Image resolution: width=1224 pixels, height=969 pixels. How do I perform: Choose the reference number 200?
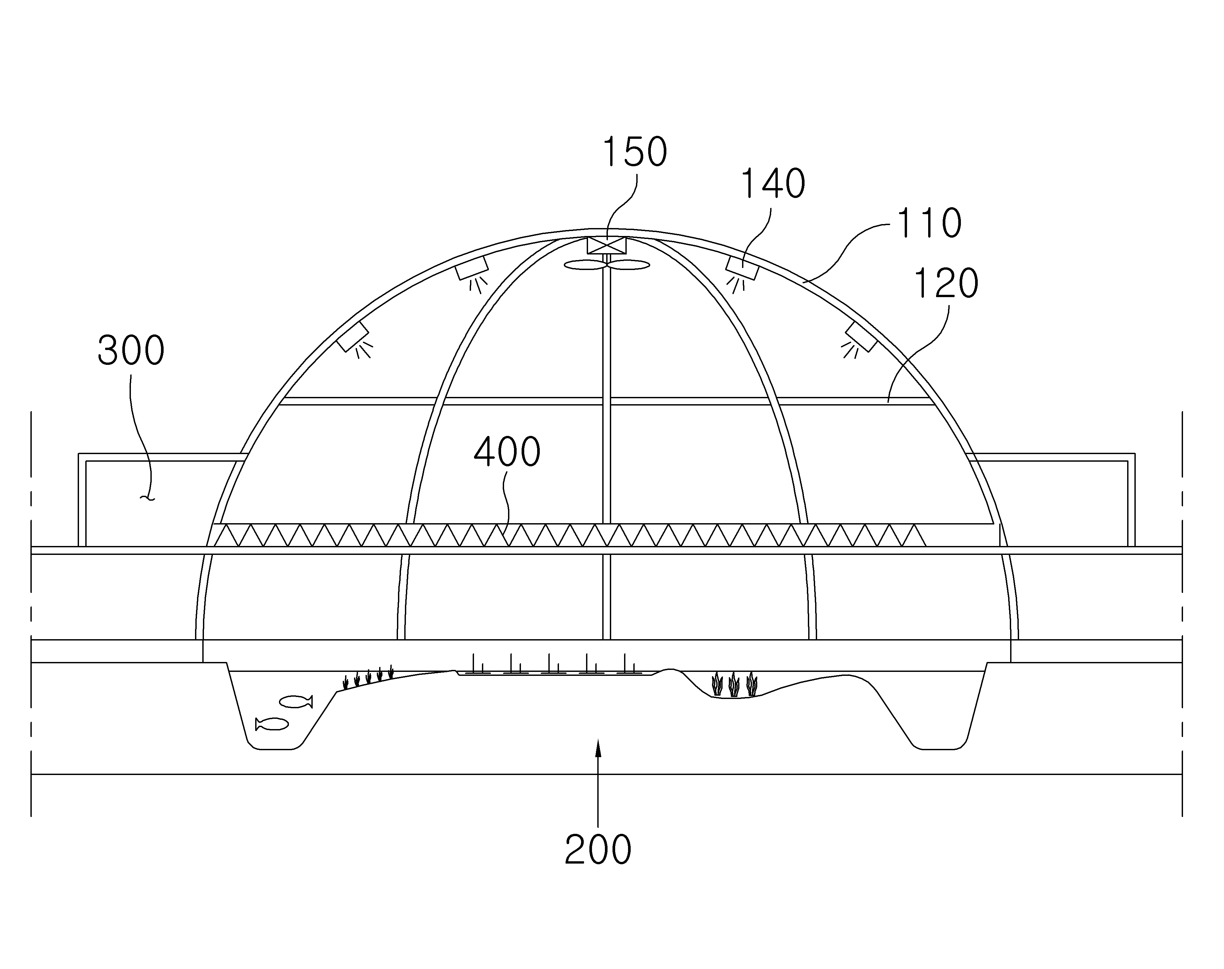point(598,849)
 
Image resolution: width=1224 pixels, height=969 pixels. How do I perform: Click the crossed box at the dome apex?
point(606,246)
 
